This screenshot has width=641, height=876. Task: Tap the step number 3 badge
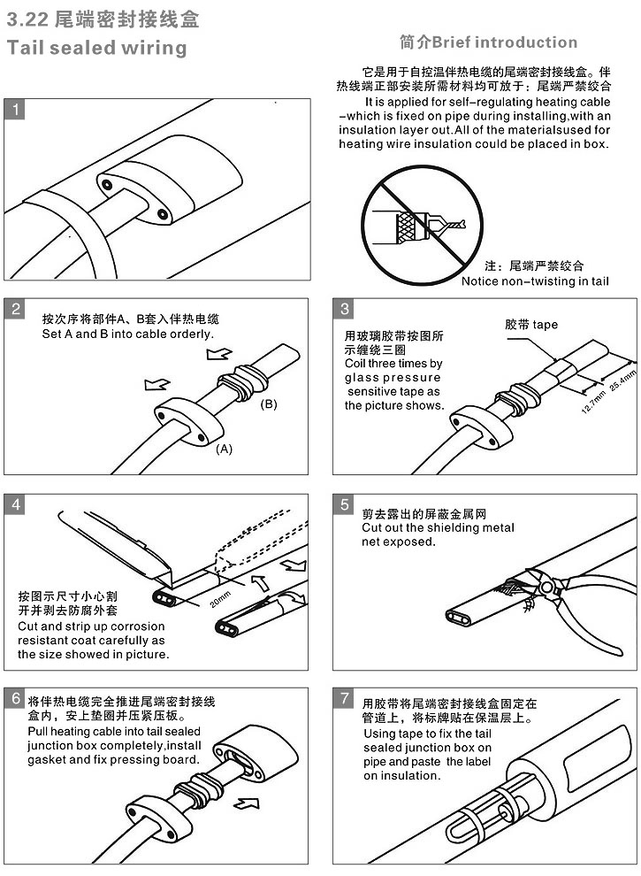[345, 309]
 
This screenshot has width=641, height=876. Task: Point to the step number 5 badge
[345, 504]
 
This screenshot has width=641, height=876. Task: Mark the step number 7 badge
[345, 698]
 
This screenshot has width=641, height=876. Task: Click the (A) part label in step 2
[225, 449]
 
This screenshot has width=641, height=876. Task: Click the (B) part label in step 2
[269, 404]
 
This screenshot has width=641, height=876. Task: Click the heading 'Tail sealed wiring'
[96, 48]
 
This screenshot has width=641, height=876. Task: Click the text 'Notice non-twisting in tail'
[535, 281]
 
